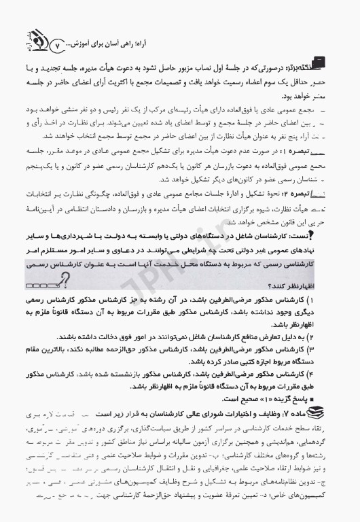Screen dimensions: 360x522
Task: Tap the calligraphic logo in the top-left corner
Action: pyautogui.click(x=29, y=32)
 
